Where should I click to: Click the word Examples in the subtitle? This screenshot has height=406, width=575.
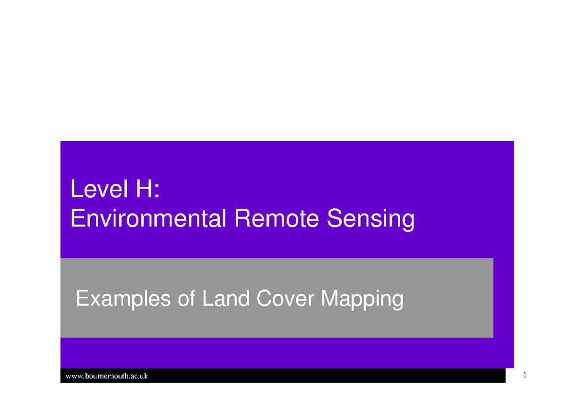[x=123, y=300]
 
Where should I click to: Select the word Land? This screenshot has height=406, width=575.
[x=226, y=299]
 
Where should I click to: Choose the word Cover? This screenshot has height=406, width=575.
[x=286, y=299]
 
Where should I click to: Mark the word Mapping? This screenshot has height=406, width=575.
[x=362, y=300]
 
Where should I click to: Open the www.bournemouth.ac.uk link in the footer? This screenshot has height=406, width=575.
[x=106, y=376]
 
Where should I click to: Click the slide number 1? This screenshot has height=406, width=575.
[x=525, y=375]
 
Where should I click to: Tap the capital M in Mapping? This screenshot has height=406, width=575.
[x=329, y=299]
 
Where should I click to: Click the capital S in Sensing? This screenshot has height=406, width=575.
[x=334, y=219]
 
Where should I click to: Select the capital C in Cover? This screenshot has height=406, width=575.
[x=264, y=299]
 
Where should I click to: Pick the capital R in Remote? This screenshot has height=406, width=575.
[x=240, y=219]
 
